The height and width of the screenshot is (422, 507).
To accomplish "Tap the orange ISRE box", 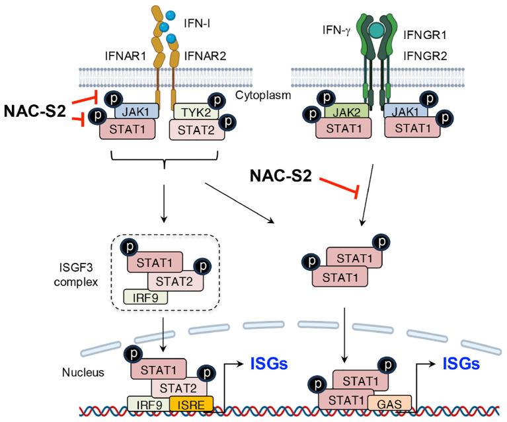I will point(188,402).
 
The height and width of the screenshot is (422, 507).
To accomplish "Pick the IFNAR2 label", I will point(206,55).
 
